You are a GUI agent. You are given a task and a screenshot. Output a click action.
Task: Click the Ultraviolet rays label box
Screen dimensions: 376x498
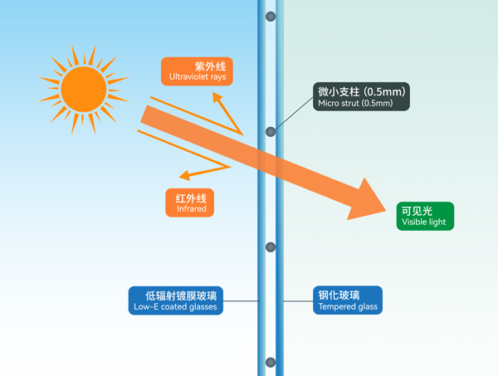coord(196,71)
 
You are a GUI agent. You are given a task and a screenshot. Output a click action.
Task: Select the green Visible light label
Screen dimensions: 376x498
coord(426,216)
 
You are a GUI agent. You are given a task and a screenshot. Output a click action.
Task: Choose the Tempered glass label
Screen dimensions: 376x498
coord(347,300)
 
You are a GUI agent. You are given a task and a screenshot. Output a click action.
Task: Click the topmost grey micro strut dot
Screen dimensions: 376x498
coord(270,17)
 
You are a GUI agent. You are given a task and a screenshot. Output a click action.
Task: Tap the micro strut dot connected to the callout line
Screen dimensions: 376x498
coord(270,131)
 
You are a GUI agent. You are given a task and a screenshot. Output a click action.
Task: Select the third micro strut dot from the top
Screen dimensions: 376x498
coord(270,247)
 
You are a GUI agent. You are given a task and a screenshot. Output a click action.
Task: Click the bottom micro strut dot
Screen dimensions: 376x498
coord(270,362)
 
